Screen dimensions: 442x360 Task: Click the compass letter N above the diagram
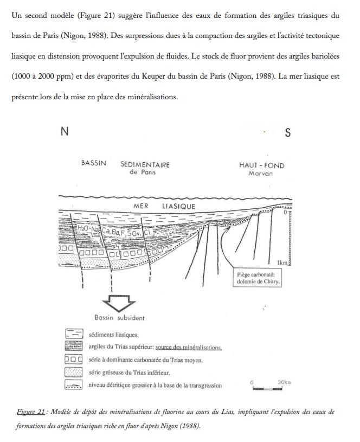[65, 132]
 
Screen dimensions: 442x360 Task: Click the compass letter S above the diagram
[287, 133]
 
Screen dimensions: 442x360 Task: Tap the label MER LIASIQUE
[164, 207]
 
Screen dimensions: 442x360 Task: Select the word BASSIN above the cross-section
[94, 164]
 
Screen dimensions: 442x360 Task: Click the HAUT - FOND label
[262, 165]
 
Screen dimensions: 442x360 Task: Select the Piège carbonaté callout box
[258, 278]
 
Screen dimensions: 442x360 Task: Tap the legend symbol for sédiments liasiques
[73, 335]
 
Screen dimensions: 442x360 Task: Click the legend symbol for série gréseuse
[73, 372]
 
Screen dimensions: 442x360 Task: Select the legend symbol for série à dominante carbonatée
[73, 360]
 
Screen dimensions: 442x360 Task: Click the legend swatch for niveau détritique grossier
[73, 385]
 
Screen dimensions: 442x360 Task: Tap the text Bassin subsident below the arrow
[119, 317]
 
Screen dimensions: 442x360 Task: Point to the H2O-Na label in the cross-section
[88, 229]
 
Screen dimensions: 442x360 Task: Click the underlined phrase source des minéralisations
[188, 347]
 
